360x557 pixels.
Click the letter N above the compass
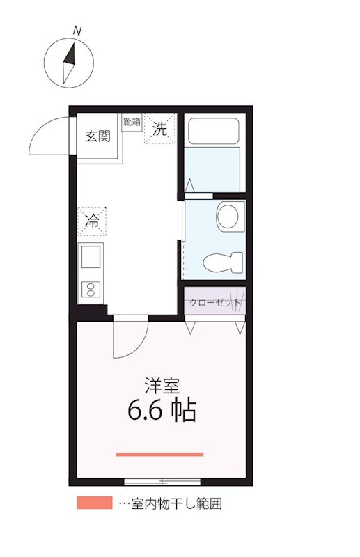[77, 31]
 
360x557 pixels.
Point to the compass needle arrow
[70, 63]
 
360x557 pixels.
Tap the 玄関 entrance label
[97, 136]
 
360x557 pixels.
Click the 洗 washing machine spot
[159, 129]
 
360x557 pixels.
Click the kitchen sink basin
[92, 258]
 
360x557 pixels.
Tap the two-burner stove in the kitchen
[91, 289]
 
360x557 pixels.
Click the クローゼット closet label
[214, 303]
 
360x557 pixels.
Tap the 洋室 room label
[161, 384]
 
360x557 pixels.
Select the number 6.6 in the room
[145, 411]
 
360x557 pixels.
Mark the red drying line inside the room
[159, 455]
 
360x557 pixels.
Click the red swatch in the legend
[94, 503]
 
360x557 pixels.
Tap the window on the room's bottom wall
[162, 481]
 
